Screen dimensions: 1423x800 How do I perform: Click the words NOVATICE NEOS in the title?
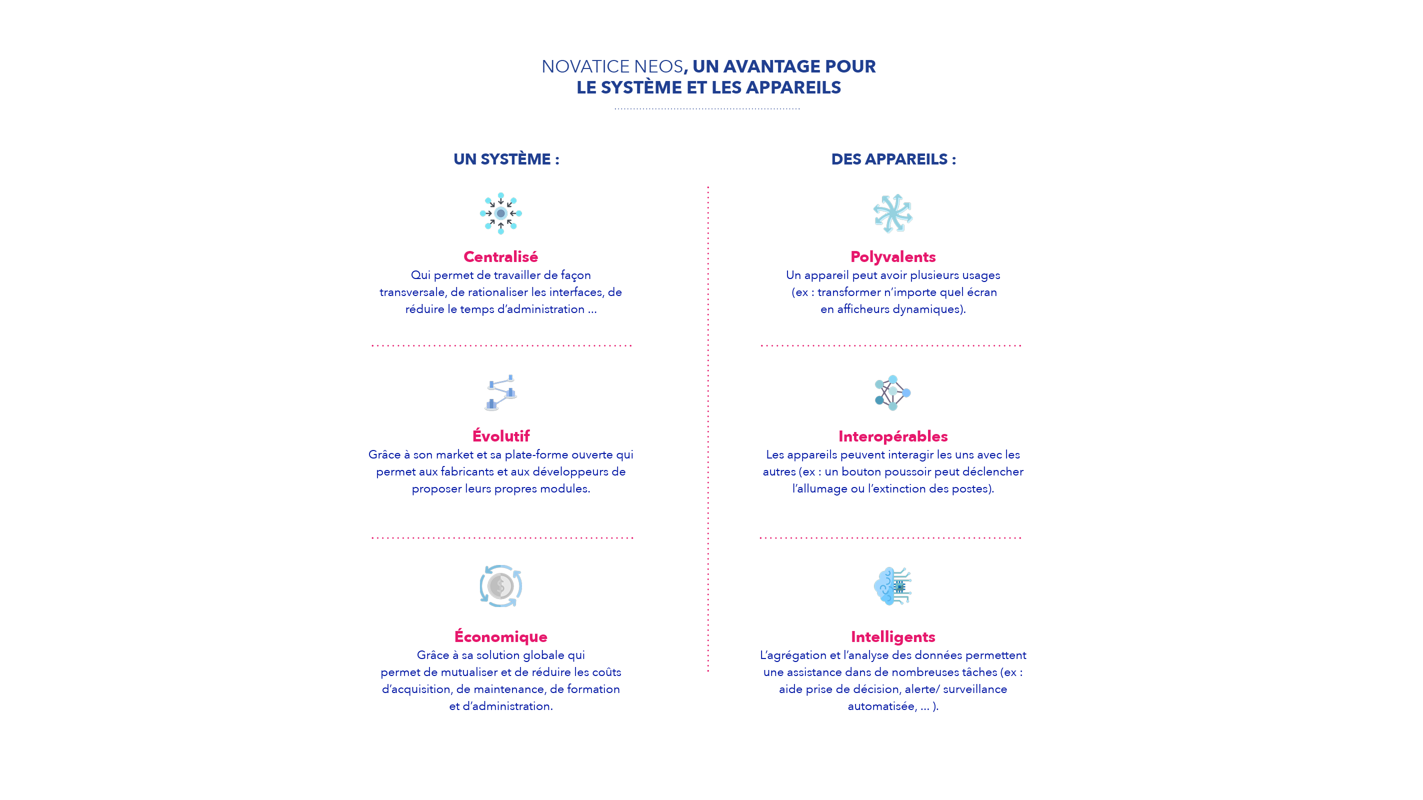click(612, 66)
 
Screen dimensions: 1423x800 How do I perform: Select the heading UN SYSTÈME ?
click(506, 159)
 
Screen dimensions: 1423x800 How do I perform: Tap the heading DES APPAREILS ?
click(893, 159)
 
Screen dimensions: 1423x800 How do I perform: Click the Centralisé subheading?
click(500, 257)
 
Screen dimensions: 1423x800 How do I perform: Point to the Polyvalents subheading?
click(892, 257)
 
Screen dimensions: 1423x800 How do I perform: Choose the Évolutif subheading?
click(500, 436)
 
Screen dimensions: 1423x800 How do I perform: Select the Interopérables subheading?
click(892, 436)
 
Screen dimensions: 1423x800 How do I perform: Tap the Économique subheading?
click(500, 636)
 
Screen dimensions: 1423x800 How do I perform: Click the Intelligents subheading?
click(892, 637)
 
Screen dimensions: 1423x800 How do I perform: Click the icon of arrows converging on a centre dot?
click(500, 213)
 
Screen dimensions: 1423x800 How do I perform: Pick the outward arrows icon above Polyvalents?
click(892, 213)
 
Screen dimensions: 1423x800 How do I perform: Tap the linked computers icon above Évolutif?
click(500, 393)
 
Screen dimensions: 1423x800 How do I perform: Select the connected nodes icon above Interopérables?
click(892, 393)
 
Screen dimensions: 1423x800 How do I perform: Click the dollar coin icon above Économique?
click(500, 586)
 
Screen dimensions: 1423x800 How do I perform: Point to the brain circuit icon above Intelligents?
click(892, 586)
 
